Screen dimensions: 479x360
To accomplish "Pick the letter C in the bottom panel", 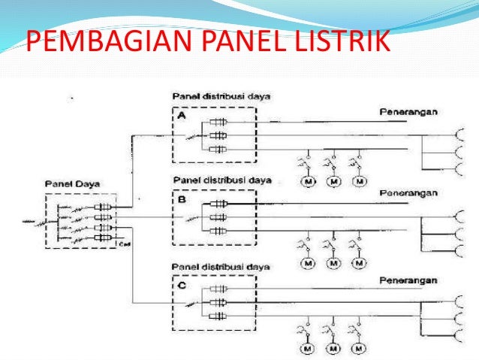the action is tap(181, 285).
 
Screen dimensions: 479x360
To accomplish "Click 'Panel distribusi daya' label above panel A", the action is tap(211, 96).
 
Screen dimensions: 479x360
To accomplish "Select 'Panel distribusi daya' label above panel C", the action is tap(211, 266).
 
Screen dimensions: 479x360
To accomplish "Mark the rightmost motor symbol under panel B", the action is tap(361, 264).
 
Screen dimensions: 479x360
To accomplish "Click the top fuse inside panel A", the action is tap(219, 122).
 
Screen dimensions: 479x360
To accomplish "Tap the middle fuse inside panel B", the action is tap(219, 218).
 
